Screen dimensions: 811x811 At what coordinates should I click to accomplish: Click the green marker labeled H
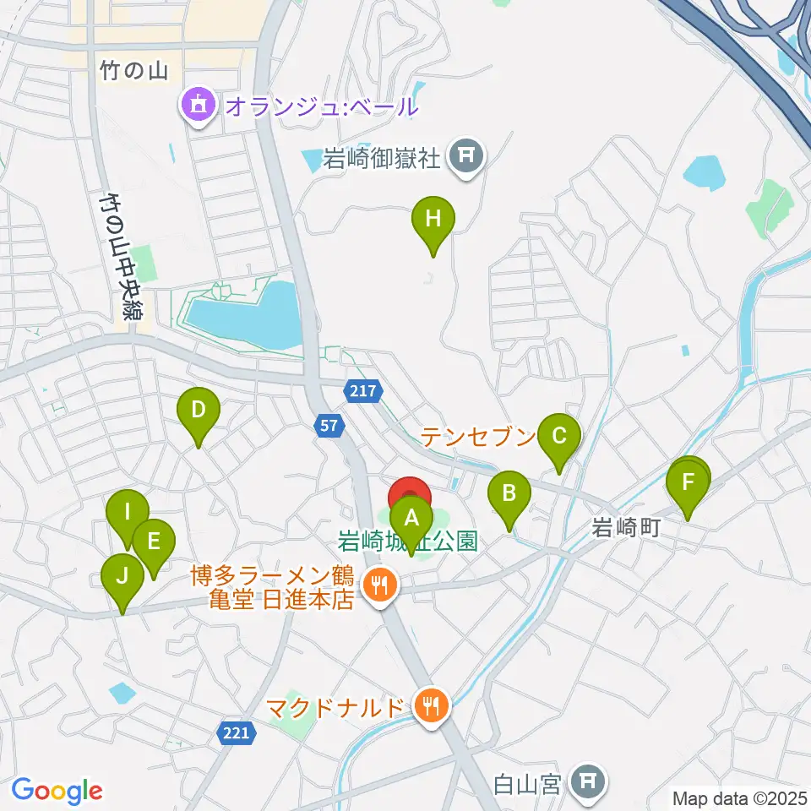[x=433, y=221]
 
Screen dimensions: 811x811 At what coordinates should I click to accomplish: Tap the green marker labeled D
[x=198, y=412]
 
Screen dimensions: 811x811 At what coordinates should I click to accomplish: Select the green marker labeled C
[x=558, y=438]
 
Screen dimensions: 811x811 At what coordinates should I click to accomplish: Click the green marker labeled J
[x=122, y=579]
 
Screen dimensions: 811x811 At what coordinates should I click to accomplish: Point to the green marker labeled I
[x=127, y=514]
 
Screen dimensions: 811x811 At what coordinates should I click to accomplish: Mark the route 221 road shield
[x=237, y=733]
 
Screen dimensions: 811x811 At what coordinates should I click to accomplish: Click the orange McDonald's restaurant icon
[x=433, y=705]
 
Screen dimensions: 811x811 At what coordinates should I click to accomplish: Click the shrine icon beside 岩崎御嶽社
[x=465, y=155]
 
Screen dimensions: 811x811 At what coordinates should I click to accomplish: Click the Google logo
[x=57, y=791]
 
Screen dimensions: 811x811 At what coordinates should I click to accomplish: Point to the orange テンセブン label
[x=478, y=437]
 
